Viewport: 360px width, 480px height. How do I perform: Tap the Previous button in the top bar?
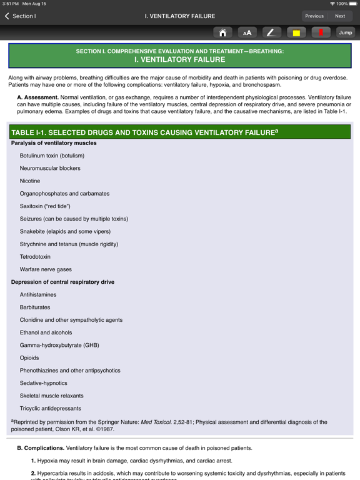pos(314,16)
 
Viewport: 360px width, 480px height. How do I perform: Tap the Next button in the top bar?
pos(340,16)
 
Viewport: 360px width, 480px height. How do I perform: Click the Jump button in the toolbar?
pos(346,32)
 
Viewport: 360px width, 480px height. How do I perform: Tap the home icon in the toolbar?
pos(222,32)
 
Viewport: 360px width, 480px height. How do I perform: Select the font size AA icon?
pos(247,32)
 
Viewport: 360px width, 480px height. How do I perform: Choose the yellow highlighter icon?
pos(296,32)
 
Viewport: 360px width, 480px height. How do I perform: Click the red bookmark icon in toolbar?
pos(321,32)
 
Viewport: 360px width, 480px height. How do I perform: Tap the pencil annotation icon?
pos(271,32)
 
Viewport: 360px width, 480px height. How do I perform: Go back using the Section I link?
pos(20,16)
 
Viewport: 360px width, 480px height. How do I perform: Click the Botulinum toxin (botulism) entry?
pos(52,156)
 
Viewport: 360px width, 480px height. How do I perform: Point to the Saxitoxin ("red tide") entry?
pos(45,206)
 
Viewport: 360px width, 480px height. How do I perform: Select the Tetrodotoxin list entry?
pos(35,257)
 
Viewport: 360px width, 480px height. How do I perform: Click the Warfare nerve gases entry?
pos(46,269)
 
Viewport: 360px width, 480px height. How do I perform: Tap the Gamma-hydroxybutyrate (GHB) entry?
pos(59,345)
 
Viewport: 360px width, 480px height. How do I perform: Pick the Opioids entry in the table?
pos(29,358)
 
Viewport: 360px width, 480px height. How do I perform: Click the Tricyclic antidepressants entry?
pos(51,409)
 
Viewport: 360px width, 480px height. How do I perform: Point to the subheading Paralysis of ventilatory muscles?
pos(54,143)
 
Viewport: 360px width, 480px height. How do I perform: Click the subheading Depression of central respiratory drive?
pos(62,282)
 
